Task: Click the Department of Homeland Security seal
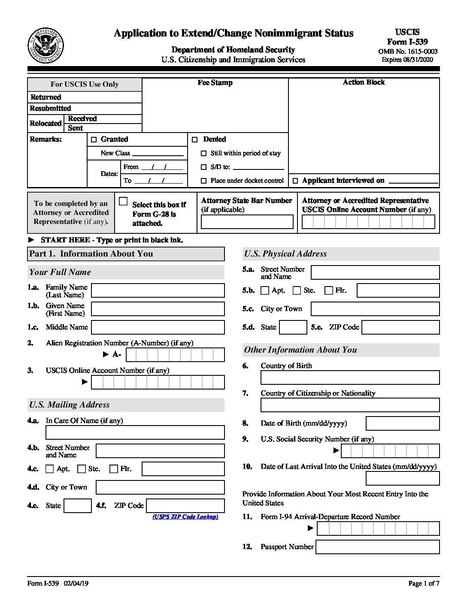(x=46, y=46)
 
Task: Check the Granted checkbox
(x=94, y=139)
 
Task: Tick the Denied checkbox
(x=195, y=139)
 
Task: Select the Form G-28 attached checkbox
(x=124, y=201)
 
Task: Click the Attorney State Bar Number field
(x=247, y=222)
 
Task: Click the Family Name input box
(x=158, y=290)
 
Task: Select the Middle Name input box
(x=158, y=327)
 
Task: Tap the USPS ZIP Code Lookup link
(x=185, y=517)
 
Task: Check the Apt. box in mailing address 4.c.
(x=50, y=469)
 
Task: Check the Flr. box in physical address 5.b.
(x=329, y=290)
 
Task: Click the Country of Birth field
(x=350, y=377)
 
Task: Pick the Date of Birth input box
(x=402, y=423)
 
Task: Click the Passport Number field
(x=377, y=547)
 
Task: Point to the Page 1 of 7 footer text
(x=424, y=583)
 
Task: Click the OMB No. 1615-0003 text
(x=408, y=51)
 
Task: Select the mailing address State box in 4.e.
(x=78, y=506)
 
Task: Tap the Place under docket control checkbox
(x=204, y=181)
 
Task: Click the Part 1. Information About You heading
(x=91, y=254)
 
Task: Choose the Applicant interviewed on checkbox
(x=295, y=181)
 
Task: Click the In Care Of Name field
(x=135, y=432)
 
